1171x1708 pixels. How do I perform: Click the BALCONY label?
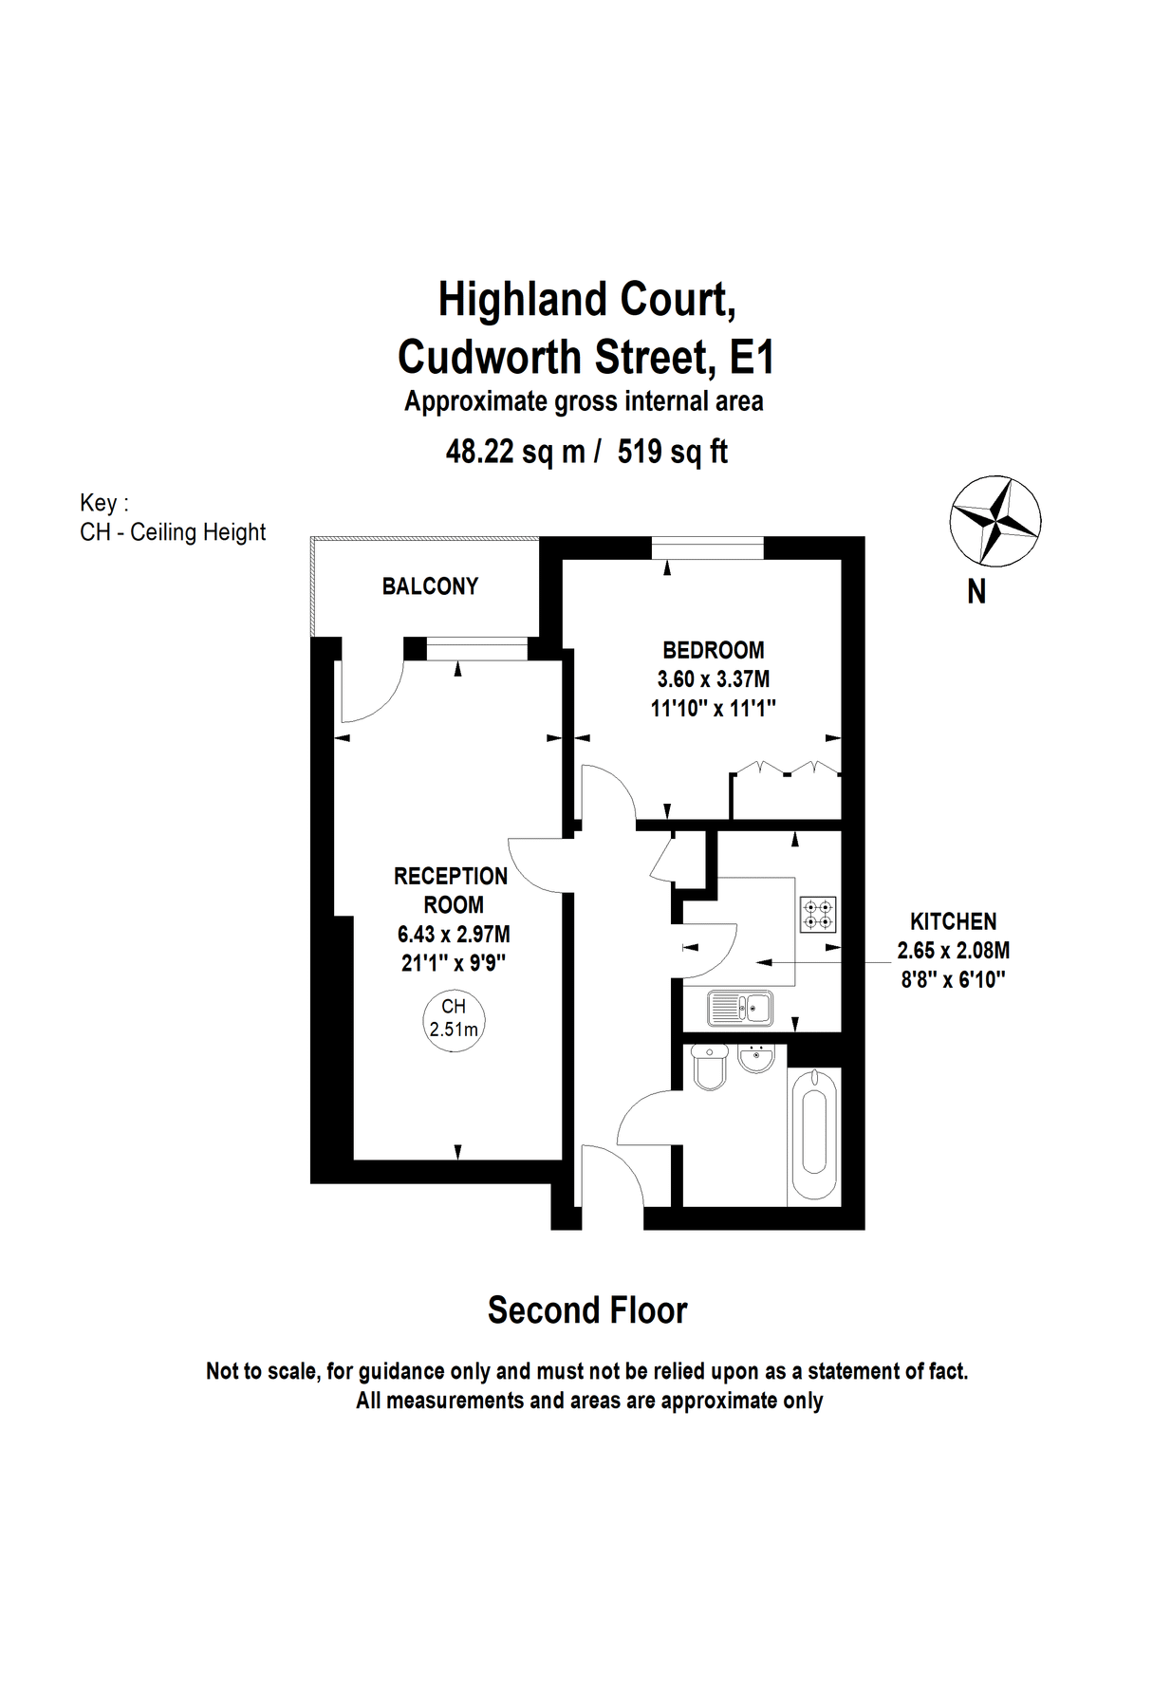coord(430,586)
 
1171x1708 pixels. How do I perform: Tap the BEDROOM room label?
coord(713,651)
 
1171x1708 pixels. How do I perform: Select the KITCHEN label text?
coord(953,921)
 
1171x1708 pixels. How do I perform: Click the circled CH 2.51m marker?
coord(454,1018)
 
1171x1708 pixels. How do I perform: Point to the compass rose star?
coord(994,520)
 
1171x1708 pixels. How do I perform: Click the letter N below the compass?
coord(976,592)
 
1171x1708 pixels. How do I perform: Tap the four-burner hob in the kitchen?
coord(818,914)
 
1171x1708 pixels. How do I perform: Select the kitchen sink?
coord(740,1008)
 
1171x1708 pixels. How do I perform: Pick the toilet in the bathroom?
coord(711,1067)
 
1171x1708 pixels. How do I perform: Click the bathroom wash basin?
coord(756,1059)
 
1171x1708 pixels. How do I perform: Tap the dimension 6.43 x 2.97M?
coord(454,935)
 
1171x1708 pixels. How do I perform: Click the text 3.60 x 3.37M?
coord(714,679)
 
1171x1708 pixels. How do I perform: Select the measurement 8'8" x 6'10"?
coord(953,980)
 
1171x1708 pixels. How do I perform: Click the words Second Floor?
coord(586,1310)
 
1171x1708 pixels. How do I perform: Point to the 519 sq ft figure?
coord(672,452)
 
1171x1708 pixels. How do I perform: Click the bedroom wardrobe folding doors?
coord(786,769)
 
